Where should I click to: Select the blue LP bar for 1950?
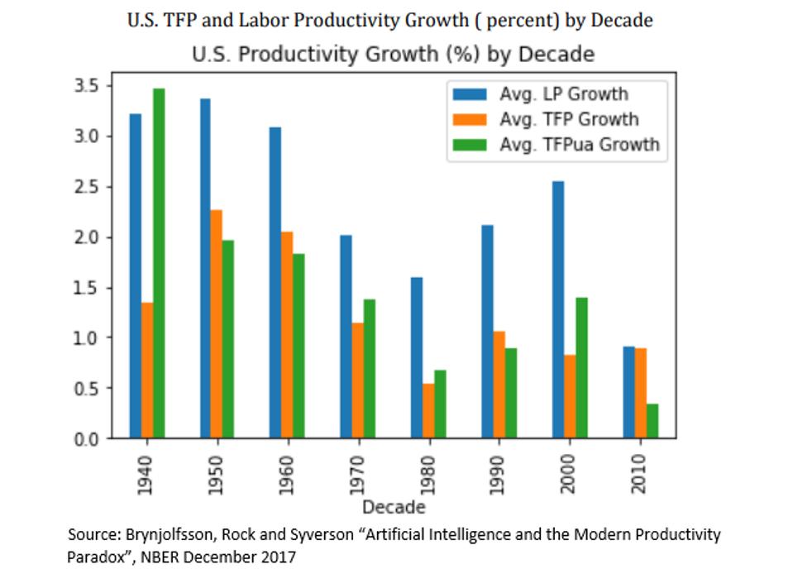205,269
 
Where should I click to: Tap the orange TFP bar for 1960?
287,335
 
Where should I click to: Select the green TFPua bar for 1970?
370,369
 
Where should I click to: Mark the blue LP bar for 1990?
488,332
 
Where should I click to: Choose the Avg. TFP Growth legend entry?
569,119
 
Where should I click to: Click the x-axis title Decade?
394,506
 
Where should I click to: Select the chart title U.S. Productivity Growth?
393,55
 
